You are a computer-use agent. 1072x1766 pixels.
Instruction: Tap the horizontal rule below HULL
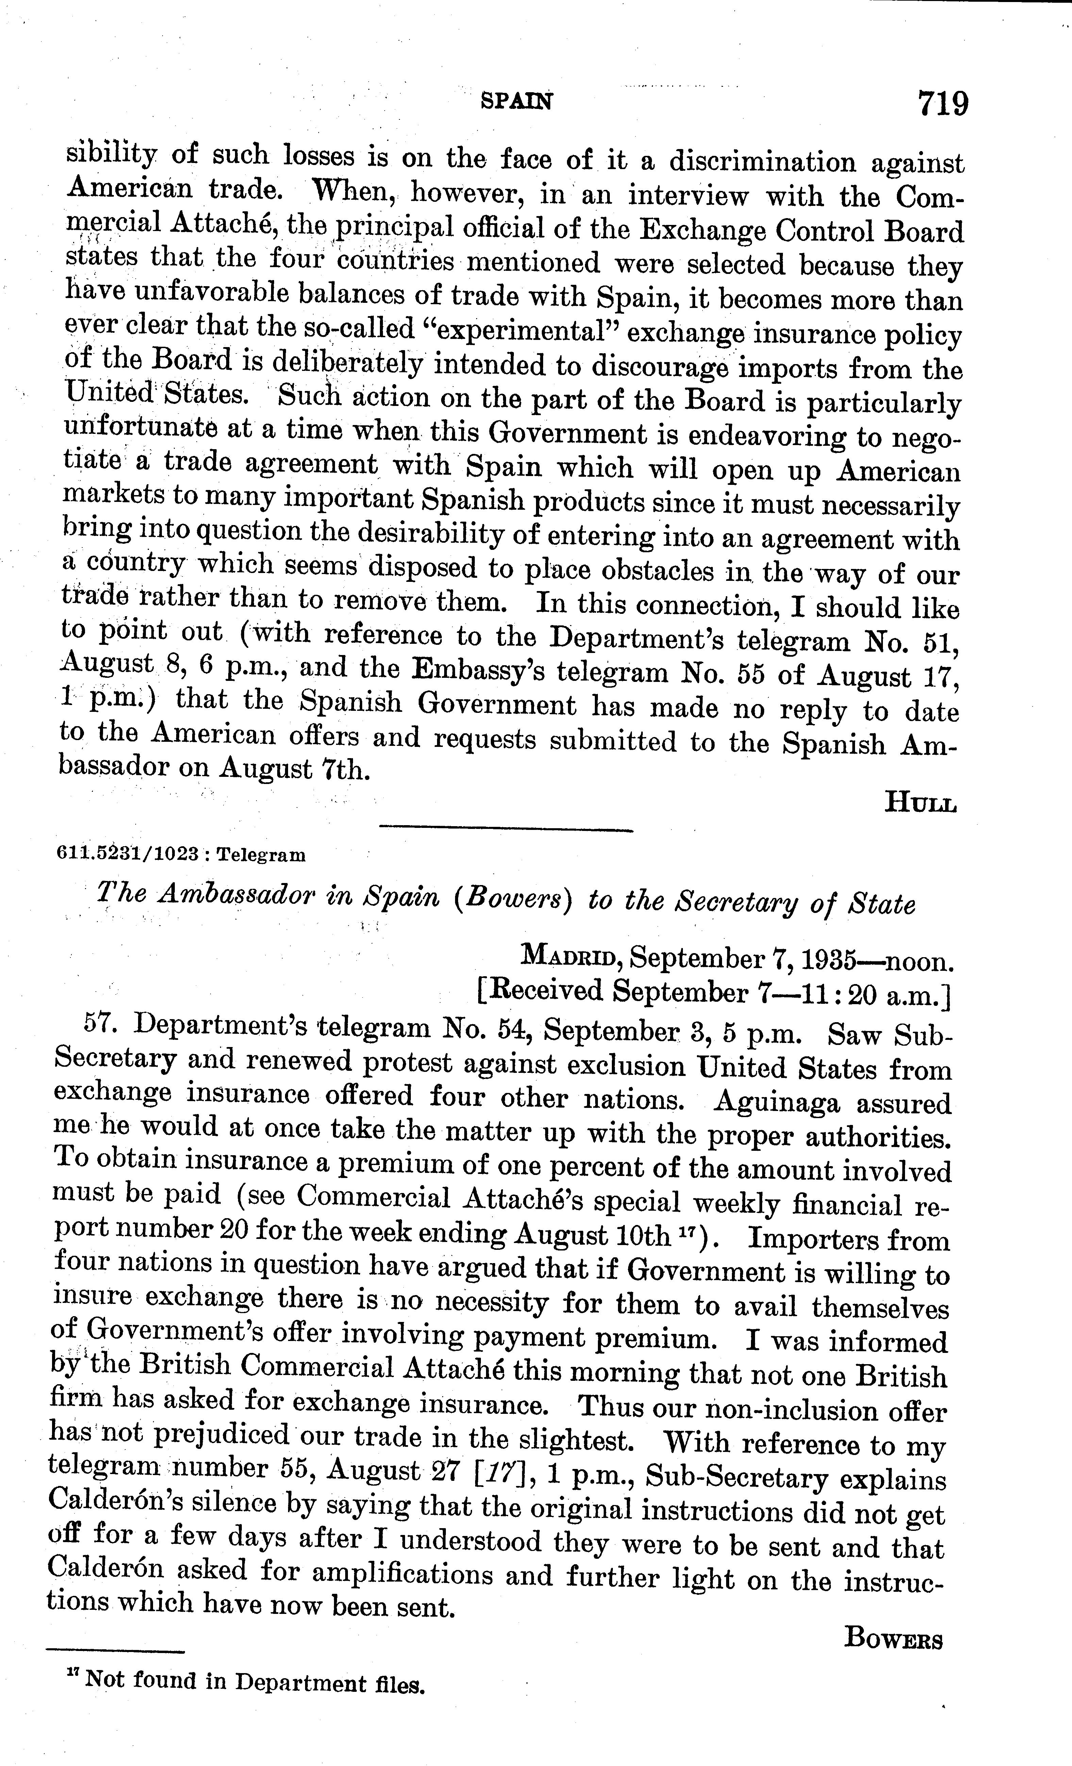[506, 830]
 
